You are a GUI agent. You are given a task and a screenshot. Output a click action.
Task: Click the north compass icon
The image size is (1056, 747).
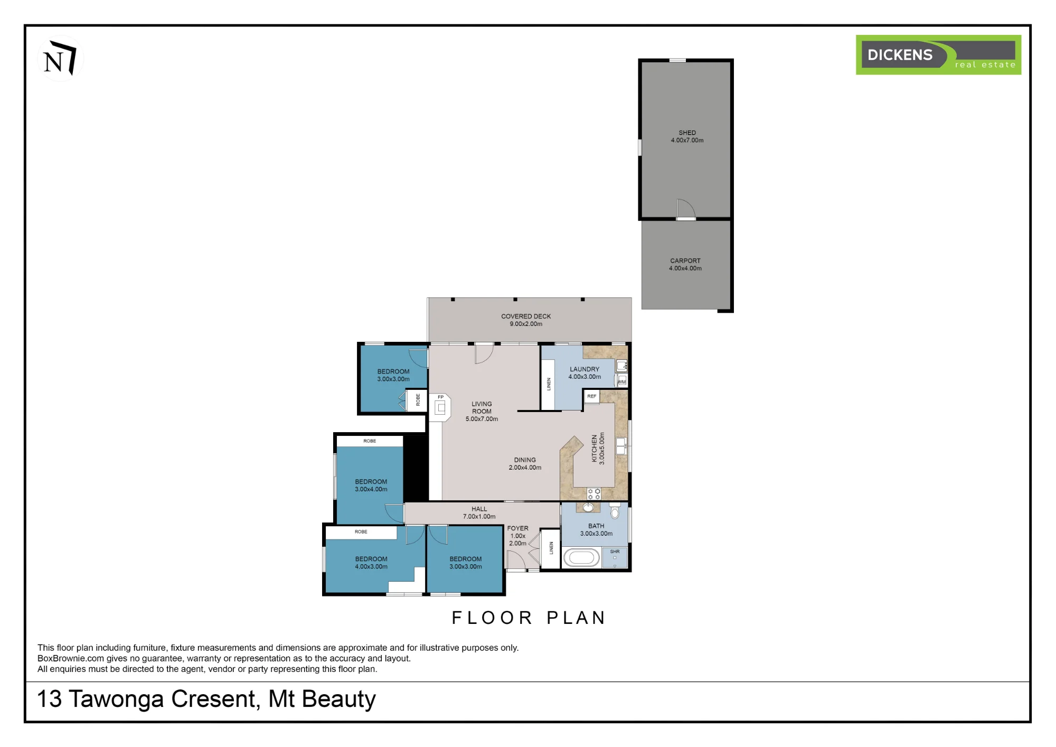[60, 59]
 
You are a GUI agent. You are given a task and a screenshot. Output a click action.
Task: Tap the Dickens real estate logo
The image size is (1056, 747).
[938, 55]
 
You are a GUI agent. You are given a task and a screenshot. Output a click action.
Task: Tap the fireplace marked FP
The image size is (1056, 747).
[440, 407]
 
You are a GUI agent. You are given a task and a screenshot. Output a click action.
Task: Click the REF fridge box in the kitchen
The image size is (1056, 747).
[592, 397]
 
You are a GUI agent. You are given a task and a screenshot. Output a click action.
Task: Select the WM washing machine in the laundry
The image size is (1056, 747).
[622, 381]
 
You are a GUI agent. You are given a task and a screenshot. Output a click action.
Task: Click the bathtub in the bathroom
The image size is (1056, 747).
[581, 558]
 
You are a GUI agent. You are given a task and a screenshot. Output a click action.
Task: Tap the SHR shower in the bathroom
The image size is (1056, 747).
[615, 558]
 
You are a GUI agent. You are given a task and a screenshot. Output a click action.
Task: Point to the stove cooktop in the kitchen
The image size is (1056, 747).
[594, 494]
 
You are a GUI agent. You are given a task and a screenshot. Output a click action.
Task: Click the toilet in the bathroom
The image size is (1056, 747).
[615, 510]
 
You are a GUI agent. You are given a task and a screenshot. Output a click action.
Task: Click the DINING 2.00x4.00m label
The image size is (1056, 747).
[525, 464]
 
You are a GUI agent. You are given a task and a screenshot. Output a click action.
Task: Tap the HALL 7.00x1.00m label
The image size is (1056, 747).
[479, 512]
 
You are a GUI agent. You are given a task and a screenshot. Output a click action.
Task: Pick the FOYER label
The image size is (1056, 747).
[517, 528]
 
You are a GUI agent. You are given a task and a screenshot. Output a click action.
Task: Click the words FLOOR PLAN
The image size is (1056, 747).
[529, 618]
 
